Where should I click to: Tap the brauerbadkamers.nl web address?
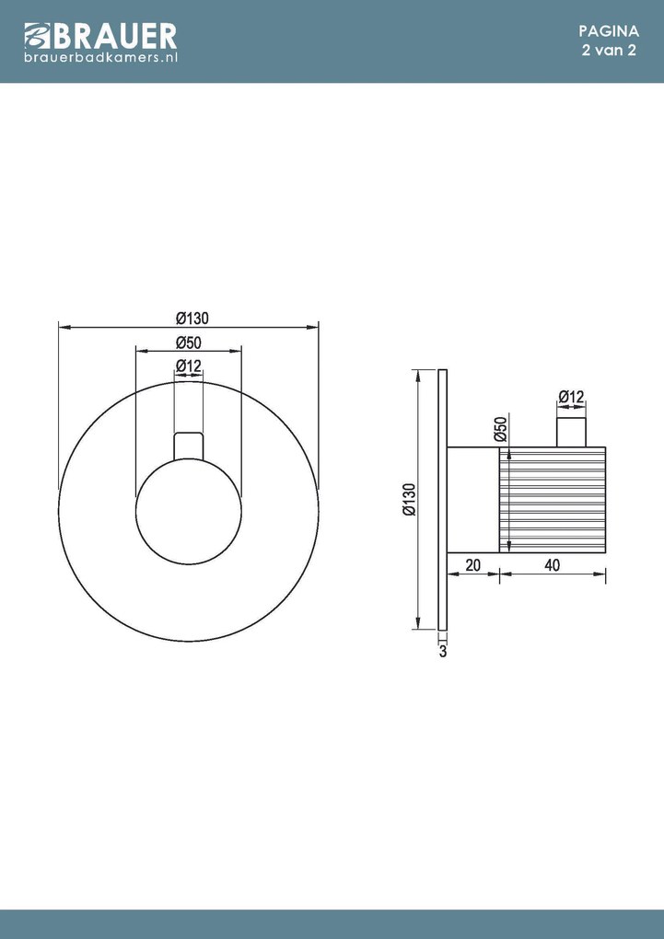tap(99, 57)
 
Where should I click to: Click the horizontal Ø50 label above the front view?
tap(189, 342)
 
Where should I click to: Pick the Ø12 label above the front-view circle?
tap(189, 366)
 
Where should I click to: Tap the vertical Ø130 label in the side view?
tap(409, 500)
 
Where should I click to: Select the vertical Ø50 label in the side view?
tap(501, 430)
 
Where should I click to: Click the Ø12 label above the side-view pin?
tap(571, 397)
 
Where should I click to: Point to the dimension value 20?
tap(472, 566)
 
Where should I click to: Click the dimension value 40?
tap(553, 566)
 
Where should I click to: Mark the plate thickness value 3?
tap(443, 652)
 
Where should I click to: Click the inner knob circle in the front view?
tap(189, 511)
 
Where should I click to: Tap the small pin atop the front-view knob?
tap(189, 444)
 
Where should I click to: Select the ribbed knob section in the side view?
tap(553, 500)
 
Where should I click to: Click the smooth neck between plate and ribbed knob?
tap(472, 500)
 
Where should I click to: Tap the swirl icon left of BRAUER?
tap(35, 38)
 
